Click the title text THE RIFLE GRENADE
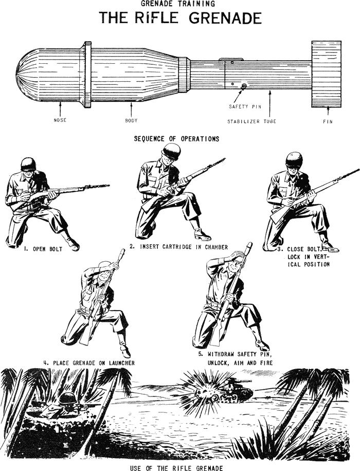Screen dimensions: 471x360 coord(180,19)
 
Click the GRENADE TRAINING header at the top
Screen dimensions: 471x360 coord(180,4)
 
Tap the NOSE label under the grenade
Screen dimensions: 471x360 coord(60,120)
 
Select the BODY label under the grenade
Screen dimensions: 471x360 coord(131,120)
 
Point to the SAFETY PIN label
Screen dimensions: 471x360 coord(242,106)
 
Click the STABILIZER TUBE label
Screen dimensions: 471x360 coord(252,122)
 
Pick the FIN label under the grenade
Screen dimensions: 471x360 coord(327,122)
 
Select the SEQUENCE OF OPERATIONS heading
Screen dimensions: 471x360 coord(176,139)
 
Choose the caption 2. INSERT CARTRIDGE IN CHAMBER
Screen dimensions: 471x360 coord(178,247)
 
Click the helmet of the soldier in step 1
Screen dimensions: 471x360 coord(28,164)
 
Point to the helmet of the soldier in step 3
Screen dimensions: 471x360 coord(294,158)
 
